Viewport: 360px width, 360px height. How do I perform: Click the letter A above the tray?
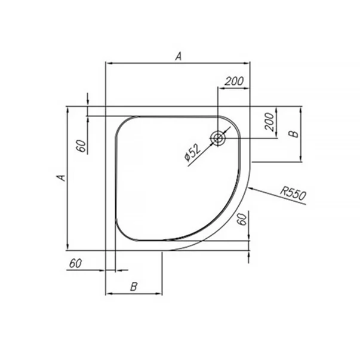pyautogui.click(x=178, y=56)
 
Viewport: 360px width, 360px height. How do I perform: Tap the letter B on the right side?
pyautogui.click(x=293, y=134)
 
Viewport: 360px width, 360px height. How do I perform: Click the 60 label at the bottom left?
pyautogui.click(x=76, y=263)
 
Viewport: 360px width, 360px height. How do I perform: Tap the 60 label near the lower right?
pyautogui.click(x=242, y=219)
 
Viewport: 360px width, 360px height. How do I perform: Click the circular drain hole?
pyautogui.click(x=217, y=139)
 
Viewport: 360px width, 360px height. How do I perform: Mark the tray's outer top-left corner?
pyautogui.click(x=106, y=107)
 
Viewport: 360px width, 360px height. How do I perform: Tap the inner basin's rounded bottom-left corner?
pyautogui.click(x=121, y=233)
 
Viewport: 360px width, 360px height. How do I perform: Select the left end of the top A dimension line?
pyautogui.click(x=106, y=63)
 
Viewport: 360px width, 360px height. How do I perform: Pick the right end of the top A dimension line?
pyautogui.click(x=250, y=63)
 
